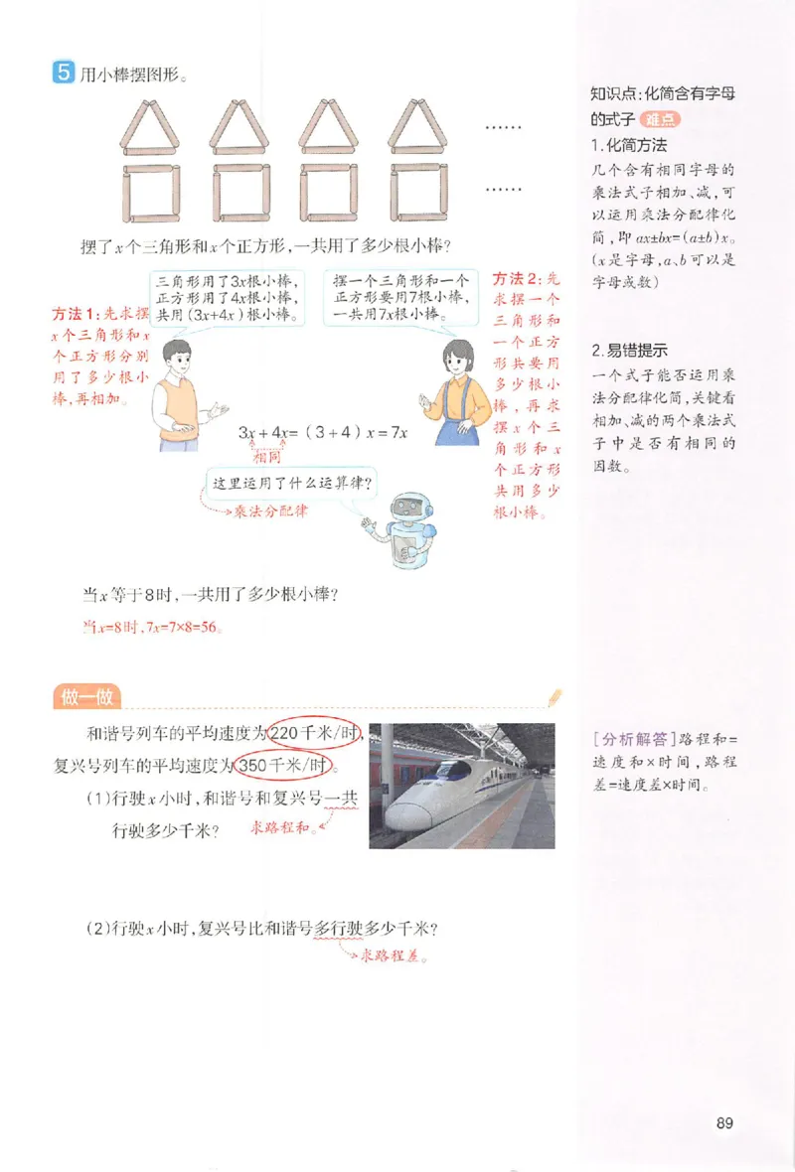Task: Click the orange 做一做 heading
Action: pos(84,697)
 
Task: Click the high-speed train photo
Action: pos(461,786)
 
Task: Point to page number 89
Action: pos(723,1123)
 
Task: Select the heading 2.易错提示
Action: pos(628,350)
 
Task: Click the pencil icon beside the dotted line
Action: pos(553,696)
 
